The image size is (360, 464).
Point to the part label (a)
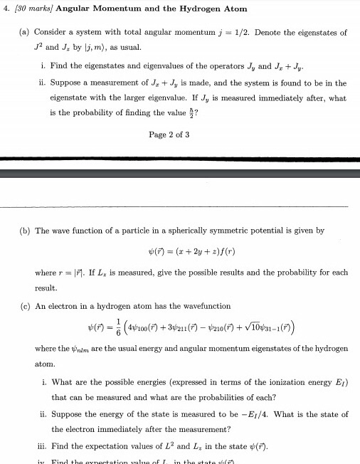click(x=24, y=33)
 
